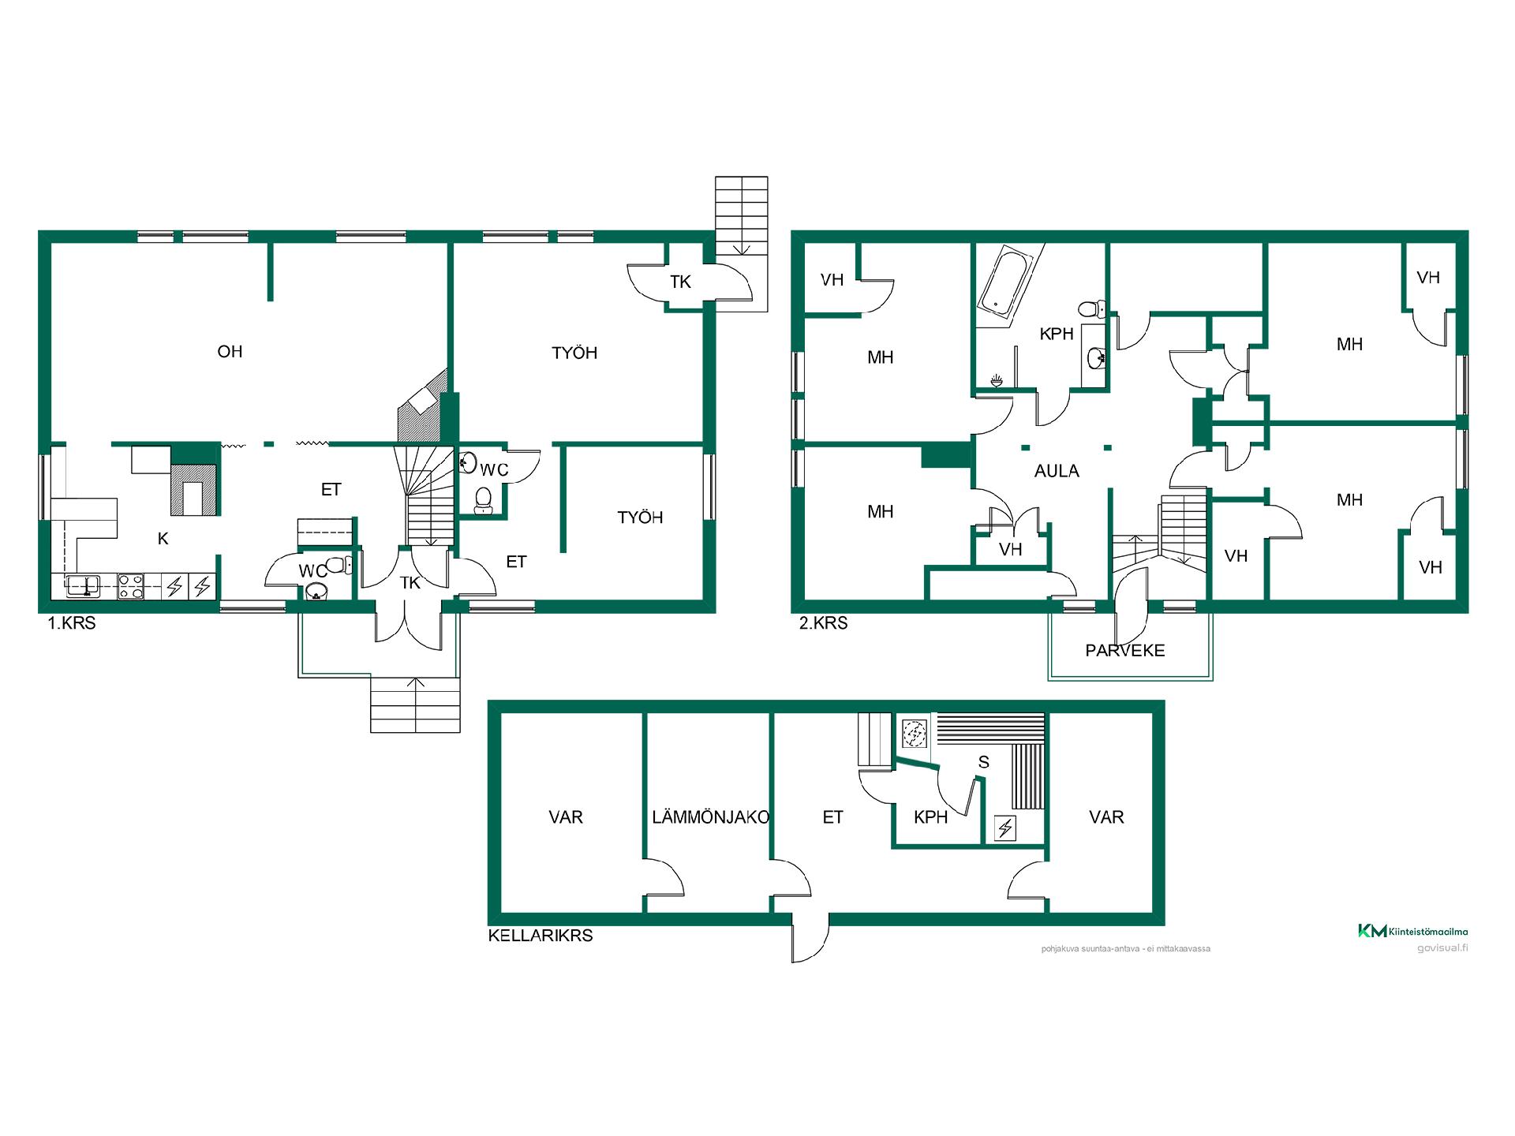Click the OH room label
[230, 352]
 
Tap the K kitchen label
[163, 539]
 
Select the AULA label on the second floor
[1057, 471]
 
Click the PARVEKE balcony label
[1125, 651]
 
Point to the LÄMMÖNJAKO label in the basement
[710, 817]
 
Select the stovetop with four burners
[130, 586]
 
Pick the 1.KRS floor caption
[72, 623]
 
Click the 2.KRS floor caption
[824, 623]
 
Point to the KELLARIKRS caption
[541, 936]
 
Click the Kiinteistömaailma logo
[1412, 931]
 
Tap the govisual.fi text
[1442, 948]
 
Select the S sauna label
[983, 762]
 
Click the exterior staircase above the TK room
[742, 245]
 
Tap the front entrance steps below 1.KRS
[415, 705]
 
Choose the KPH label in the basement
[930, 817]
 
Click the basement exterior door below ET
[810, 939]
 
